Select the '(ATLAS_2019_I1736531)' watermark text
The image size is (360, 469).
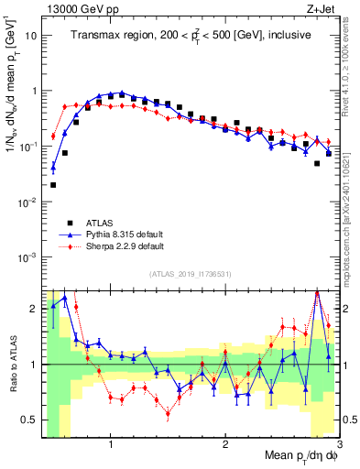click(x=191, y=274)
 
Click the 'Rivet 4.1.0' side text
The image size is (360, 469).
click(x=346, y=55)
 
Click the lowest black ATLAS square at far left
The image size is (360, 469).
click(x=53, y=185)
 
